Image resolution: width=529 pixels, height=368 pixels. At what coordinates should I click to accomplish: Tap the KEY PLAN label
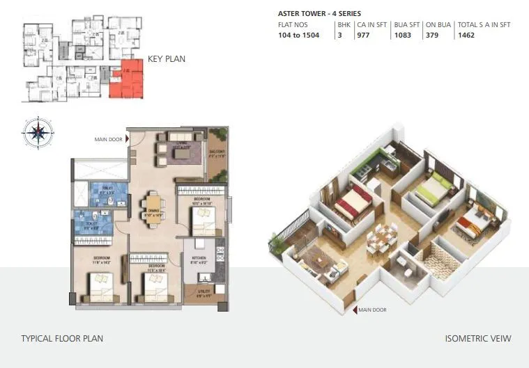coord(167,60)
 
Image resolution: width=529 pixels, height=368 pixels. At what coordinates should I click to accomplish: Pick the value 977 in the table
coord(363,35)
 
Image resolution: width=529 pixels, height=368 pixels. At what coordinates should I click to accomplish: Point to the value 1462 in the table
coord(466,35)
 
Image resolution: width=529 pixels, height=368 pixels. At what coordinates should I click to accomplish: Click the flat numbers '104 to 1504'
coord(298,35)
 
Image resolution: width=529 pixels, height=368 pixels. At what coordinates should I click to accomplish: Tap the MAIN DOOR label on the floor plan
coord(108,139)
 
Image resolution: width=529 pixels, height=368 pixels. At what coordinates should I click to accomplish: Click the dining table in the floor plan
coord(153,207)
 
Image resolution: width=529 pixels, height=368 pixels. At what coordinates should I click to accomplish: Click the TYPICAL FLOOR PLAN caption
coord(62,339)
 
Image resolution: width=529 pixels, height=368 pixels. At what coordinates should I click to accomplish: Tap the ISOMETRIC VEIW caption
coord(478,339)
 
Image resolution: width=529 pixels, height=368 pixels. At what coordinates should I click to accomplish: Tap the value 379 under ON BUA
coord(431,35)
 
